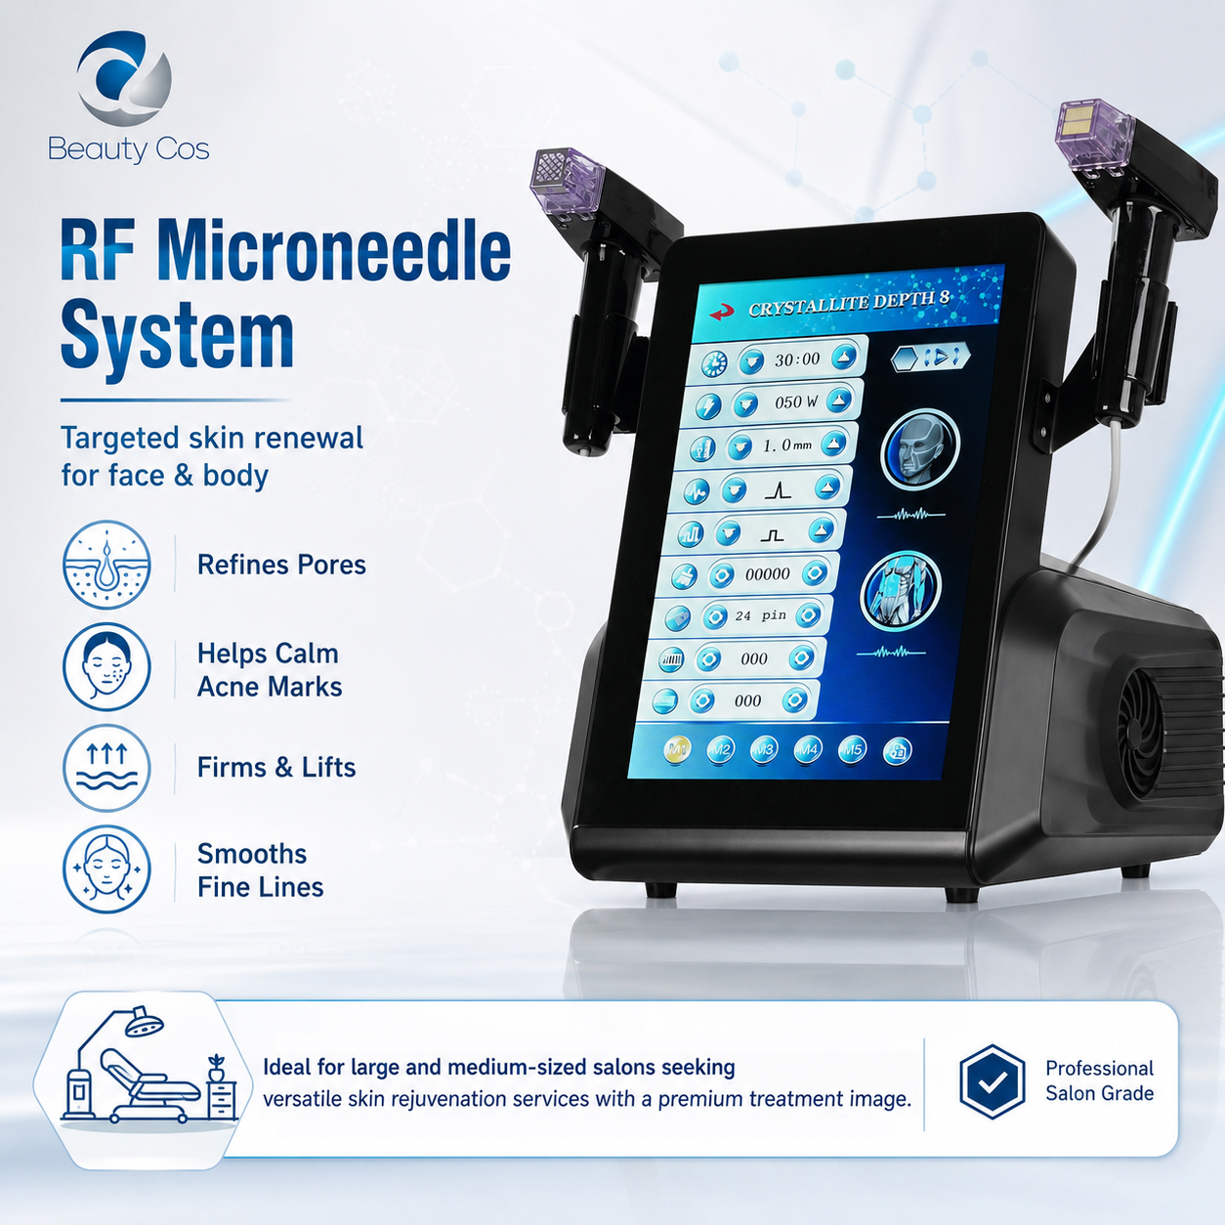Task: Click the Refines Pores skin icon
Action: pos(106,565)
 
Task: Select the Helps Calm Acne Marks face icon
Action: pos(106,666)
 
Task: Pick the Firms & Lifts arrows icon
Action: pos(106,768)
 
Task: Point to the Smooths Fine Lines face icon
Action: pos(106,869)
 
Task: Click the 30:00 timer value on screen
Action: pos(797,359)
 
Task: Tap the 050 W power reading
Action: pos(796,402)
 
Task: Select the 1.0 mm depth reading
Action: pos(787,445)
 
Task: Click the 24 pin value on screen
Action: pos(760,615)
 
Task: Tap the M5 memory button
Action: pos(852,750)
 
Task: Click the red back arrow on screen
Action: pos(722,313)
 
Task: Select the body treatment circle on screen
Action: pos(900,591)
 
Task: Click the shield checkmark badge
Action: pos(992,1081)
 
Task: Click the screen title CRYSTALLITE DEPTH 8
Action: pos(849,304)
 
